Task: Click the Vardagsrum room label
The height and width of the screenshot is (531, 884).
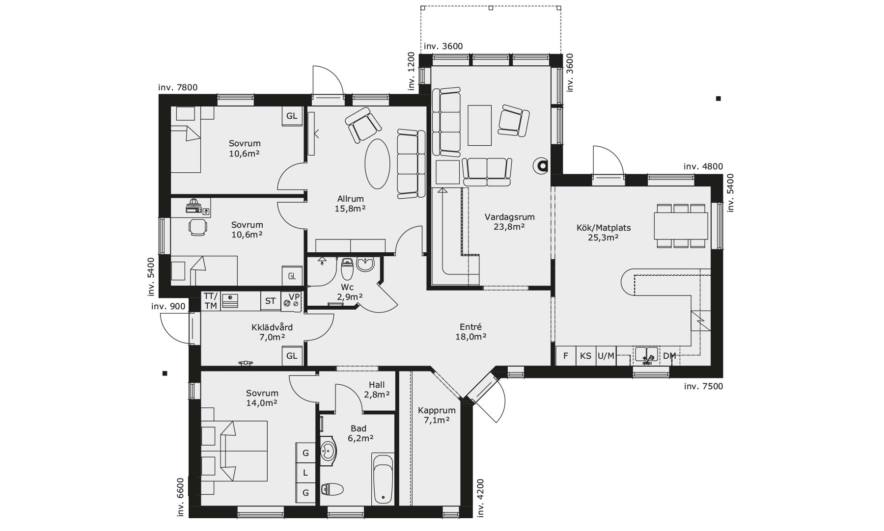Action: (509, 221)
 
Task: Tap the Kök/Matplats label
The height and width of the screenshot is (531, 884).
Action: (603, 233)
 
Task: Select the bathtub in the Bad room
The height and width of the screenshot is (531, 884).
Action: (383, 479)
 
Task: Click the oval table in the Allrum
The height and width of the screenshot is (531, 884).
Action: (378, 164)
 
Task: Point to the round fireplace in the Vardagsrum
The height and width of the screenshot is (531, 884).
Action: (543, 166)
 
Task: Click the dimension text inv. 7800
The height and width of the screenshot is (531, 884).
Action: (178, 88)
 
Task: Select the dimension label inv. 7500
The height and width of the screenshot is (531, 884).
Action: (703, 386)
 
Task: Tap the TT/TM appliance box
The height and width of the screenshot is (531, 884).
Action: (211, 301)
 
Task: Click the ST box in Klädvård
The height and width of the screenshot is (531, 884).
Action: (270, 301)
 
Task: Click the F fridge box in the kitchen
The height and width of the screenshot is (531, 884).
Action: (565, 356)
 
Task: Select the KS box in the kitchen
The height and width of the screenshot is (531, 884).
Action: (585, 356)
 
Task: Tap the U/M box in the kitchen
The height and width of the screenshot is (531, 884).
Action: (606, 356)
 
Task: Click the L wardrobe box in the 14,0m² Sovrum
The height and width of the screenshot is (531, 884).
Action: (305, 473)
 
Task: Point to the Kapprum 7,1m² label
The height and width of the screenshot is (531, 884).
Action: (437, 415)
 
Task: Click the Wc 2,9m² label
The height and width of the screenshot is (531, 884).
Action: (350, 292)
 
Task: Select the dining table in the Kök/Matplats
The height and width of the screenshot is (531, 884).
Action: (681, 226)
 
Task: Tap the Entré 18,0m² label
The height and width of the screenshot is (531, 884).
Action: (470, 332)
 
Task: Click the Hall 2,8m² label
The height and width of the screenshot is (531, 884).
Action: (377, 390)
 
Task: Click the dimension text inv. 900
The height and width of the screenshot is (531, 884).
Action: (168, 307)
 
